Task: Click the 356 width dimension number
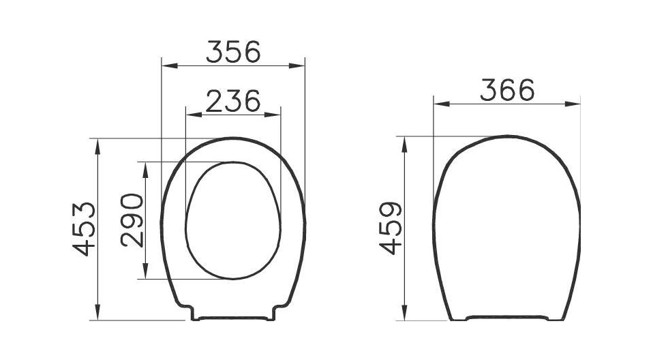pyautogui.click(x=233, y=52)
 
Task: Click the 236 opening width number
pyautogui.click(x=233, y=102)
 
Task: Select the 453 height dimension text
pyautogui.click(x=85, y=229)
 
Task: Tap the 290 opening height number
pyautogui.click(x=132, y=220)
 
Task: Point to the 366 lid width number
pyautogui.click(x=507, y=90)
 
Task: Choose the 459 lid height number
pyautogui.click(x=391, y=228)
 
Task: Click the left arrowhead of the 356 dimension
pyautogui.click(x=170, y=65)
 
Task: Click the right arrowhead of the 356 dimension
pyautogui.click(x=297, y=65)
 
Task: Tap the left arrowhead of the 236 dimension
pyautogui.click(x=194, y=115)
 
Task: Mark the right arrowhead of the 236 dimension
pyautogui.click(x=273, y=115)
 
